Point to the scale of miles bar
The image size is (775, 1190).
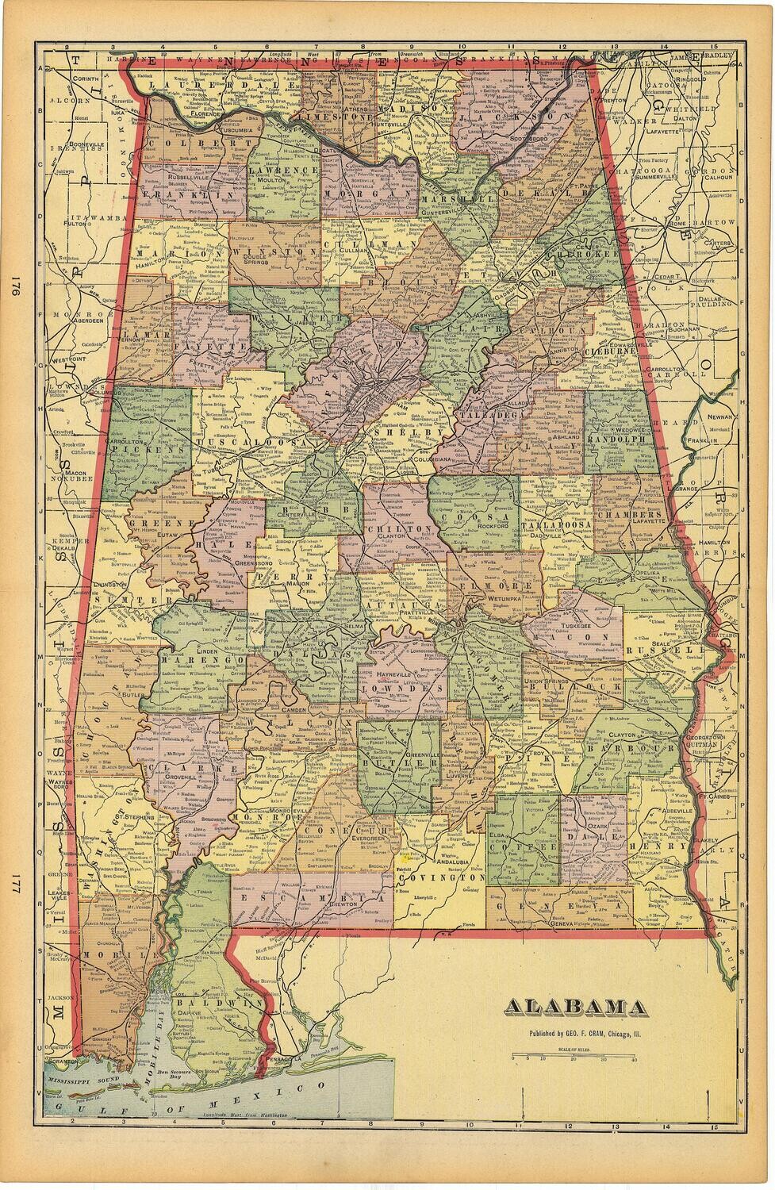(574, 1056)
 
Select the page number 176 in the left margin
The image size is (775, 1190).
(13, 289)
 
